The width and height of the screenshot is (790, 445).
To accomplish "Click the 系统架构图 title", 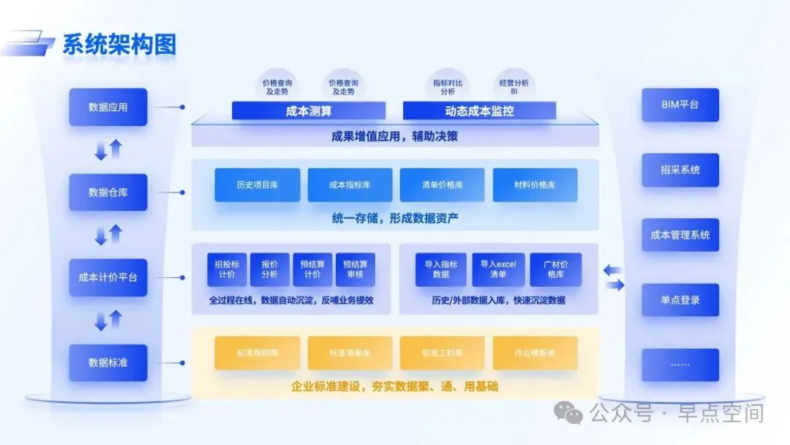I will [118, 44].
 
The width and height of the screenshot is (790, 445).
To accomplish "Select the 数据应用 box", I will [108, 107].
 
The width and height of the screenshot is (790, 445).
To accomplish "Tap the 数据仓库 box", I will [108, 192].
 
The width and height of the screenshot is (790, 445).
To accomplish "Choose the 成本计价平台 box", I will [108, 277].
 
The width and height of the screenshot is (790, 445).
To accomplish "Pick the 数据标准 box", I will [108, 362].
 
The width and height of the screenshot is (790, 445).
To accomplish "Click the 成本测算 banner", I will [308, 111].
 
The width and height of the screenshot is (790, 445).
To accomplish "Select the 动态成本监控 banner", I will [479, 111].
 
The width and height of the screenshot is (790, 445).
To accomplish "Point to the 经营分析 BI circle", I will [513, 87].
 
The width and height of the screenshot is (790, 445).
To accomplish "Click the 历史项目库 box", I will [257, 185].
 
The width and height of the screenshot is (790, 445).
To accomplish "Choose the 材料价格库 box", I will [535, 185].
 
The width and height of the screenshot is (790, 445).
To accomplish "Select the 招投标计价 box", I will [227, 269].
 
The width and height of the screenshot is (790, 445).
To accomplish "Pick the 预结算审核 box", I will [355, 269].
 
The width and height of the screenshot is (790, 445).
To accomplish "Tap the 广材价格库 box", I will [556, 269].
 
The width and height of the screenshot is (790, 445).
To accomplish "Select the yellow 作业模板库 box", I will [535, 353].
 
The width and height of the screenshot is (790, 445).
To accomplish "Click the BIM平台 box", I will [680, 105].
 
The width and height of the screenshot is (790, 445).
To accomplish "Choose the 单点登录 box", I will [680, 300].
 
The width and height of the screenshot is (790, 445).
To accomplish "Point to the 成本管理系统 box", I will [680, 235].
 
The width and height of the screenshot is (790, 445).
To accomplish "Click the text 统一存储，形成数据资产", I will [395, 218].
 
